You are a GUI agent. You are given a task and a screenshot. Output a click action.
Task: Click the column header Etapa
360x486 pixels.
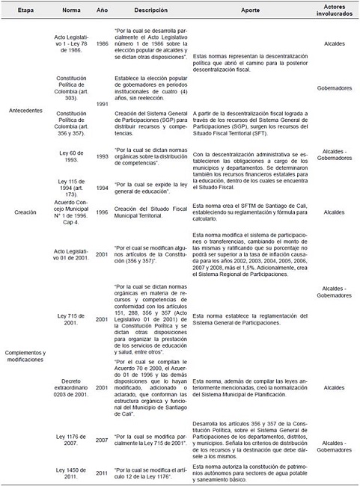click(25, 13)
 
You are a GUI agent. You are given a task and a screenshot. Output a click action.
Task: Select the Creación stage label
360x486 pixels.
click(25, 212)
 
